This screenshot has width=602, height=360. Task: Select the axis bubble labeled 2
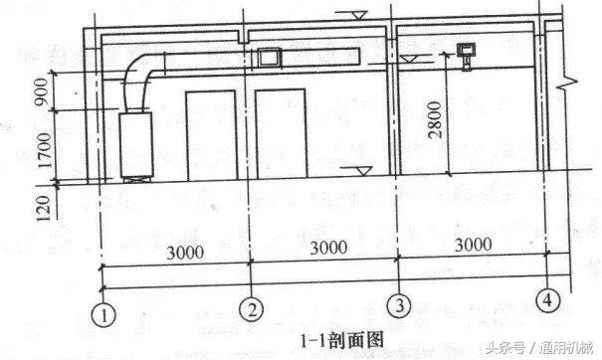253,310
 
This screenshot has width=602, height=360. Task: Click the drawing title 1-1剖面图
341,339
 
